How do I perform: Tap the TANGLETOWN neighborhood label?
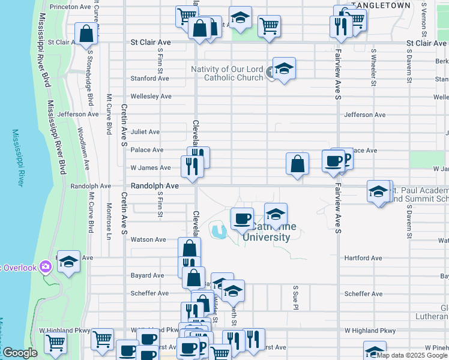381,5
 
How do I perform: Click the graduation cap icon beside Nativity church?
284,67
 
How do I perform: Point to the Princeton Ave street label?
70,7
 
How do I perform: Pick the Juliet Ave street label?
145,131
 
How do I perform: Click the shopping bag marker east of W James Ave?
297,163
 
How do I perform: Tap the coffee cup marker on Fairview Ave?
333,160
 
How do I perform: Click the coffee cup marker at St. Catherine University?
242,218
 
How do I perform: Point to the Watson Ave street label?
148,239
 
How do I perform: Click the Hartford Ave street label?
363,258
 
